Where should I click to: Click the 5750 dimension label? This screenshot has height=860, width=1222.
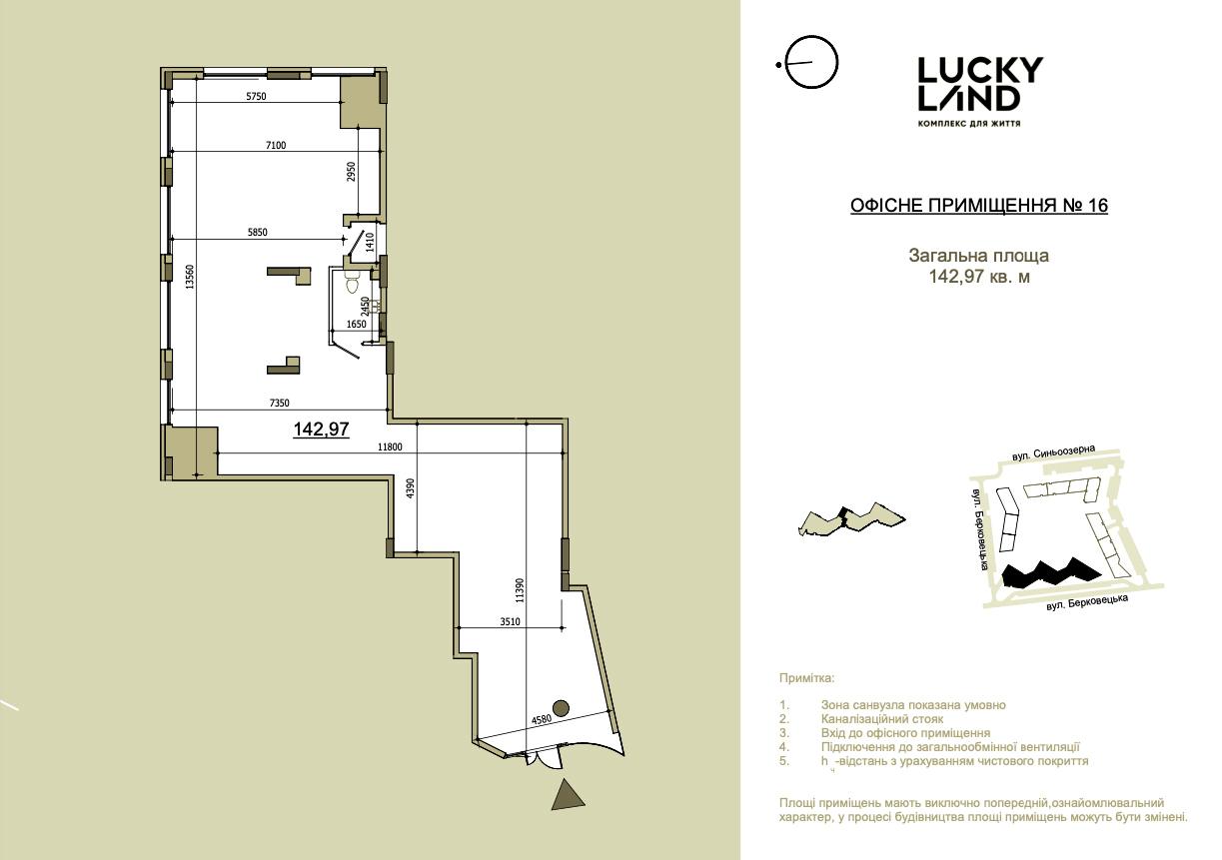256,97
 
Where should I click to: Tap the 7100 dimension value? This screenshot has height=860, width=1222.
276,145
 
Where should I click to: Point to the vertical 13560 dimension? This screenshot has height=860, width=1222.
189,277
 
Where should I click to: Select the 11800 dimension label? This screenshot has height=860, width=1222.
390,447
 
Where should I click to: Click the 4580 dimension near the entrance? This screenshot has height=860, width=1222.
542,720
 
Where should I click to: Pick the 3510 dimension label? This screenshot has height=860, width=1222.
510,621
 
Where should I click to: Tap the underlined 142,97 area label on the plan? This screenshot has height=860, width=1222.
322,430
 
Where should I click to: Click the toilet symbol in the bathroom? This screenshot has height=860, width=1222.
352,284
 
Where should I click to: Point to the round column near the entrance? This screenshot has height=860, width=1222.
561,708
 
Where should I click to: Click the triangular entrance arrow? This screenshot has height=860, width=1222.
568,796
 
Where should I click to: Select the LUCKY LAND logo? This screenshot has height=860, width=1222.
980,91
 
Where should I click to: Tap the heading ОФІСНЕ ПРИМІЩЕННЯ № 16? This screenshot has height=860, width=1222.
978,206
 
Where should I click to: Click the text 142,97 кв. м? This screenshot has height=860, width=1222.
979,277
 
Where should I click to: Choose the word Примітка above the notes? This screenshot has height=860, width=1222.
807,678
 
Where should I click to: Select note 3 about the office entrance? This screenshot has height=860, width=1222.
905,733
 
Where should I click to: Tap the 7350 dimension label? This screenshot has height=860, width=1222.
280,403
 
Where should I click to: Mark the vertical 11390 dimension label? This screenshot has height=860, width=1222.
520,590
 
